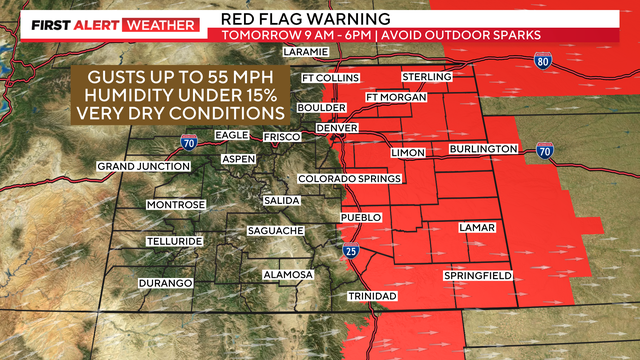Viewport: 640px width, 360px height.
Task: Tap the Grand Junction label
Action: pos(144,166)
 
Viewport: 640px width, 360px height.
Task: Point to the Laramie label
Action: pos(306,51)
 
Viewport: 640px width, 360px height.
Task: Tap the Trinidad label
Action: pos(373,297)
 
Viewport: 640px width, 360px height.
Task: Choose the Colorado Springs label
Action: pos(350,179)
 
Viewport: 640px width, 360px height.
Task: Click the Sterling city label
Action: pos(426,77)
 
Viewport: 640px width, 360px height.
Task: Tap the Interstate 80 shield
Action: pos(569,61)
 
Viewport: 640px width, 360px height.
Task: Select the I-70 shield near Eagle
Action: pos(189,141)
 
